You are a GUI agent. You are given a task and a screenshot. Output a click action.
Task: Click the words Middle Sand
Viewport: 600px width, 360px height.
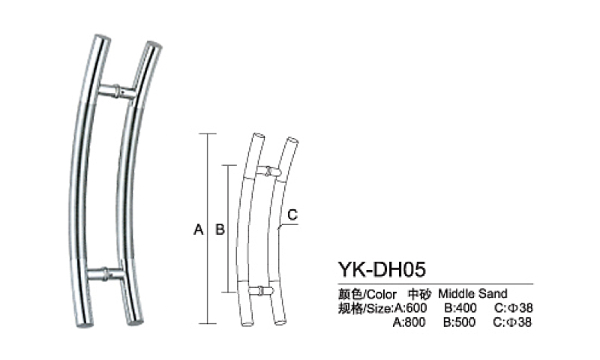[x=472, y=293]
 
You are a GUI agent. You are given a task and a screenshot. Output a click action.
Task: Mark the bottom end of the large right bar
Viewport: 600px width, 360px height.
[x=133, y=323]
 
